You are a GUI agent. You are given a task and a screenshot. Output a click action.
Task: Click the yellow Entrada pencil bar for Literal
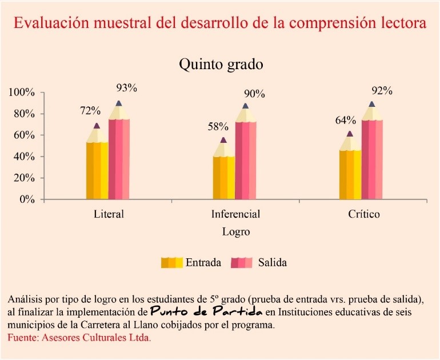(97, 166)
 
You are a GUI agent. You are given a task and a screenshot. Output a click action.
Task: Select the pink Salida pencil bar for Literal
(119, 154)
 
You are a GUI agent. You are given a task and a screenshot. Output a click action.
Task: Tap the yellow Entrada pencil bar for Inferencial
(223, 174)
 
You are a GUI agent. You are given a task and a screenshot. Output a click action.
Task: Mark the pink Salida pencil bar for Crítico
(372, 155)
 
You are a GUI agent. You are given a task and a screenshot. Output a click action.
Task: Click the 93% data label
(126, 88)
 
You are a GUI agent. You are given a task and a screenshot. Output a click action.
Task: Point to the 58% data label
(218, 126)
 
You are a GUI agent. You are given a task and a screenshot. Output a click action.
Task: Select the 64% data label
(345, 121)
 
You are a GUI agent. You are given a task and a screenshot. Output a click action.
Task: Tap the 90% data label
(254, 94)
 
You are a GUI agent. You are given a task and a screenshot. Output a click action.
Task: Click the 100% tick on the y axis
(22, 93)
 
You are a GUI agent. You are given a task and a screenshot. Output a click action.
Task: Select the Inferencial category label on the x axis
(235, 215)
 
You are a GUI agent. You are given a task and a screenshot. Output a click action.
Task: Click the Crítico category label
(363, 215)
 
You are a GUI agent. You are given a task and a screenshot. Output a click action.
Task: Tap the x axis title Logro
(236, 232)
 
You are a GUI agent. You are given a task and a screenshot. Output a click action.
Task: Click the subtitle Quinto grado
(221, 64)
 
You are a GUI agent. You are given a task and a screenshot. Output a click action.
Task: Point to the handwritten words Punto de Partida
(206, 312)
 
